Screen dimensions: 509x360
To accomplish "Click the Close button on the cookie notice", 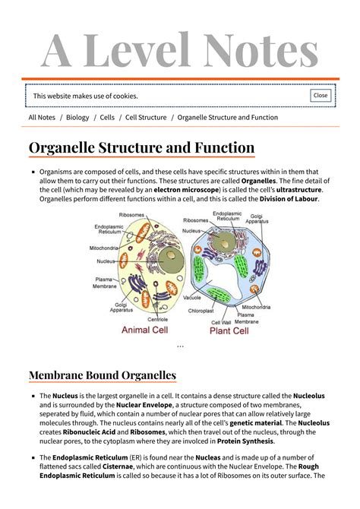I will pos(321,96).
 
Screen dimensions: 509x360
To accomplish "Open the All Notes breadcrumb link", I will pos(42,118).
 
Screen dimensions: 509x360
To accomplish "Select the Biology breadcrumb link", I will pos(77,118).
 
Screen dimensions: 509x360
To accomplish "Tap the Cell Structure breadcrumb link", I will pos(146,118).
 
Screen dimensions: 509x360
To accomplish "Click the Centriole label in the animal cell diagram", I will pos(159,319).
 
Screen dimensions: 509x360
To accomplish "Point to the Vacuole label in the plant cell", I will pos(192,298).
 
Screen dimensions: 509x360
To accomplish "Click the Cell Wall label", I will pos(221,322).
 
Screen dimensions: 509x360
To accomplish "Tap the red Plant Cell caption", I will pos(229,331).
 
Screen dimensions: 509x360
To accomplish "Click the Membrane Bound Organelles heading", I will pos(102,375).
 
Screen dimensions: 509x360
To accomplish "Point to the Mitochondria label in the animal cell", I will pos(104,248).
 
